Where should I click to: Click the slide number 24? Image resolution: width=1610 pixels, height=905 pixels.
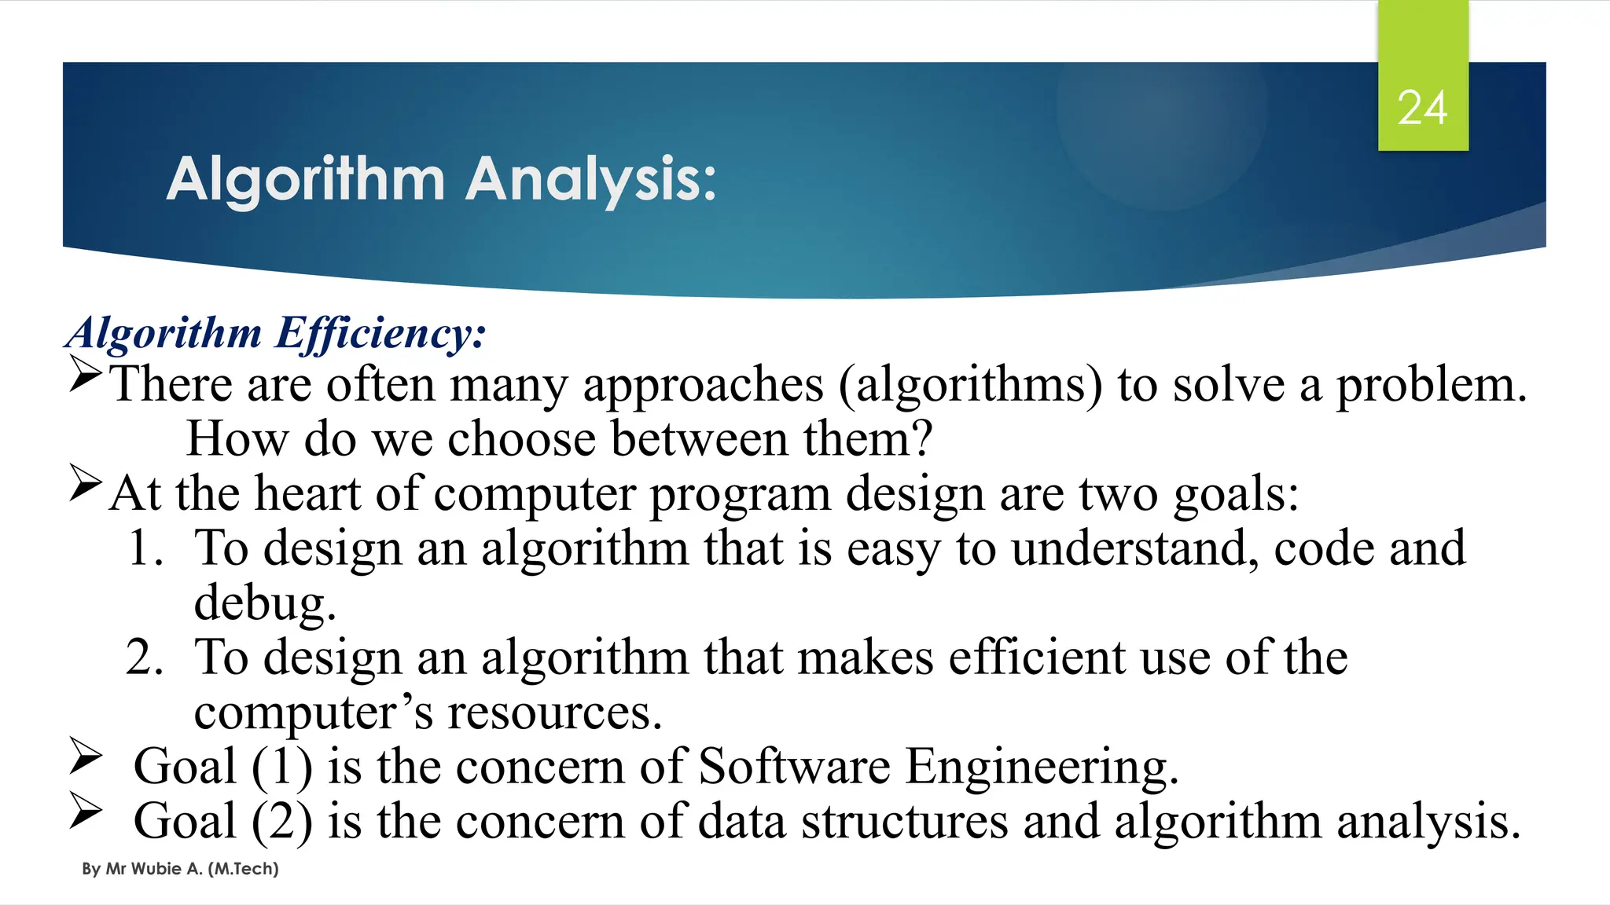1422,108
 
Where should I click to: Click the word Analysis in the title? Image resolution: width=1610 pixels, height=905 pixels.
591,180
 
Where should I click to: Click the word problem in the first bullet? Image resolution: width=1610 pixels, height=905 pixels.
1431,385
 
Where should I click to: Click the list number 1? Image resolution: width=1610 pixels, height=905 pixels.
145,548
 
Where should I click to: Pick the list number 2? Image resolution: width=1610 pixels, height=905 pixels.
145,657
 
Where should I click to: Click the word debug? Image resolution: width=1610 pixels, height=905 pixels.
264,603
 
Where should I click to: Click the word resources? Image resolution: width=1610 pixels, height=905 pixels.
553,712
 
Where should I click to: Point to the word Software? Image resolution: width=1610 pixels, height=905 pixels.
794,766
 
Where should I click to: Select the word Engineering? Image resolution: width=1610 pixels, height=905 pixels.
1041,768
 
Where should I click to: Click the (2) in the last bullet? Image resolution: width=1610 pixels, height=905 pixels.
282,821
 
